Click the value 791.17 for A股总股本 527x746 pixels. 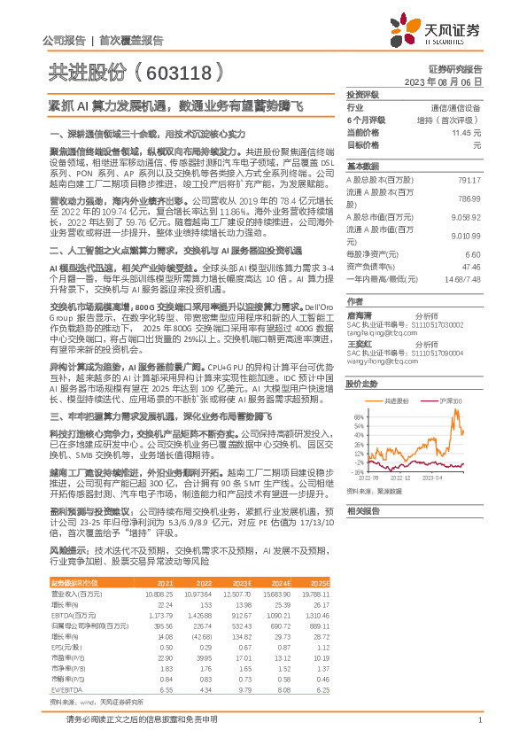[x=469, y=180]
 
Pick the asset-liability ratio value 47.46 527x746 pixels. [x=470, y=266]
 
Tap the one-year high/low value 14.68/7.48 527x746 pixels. [x=462, y=278]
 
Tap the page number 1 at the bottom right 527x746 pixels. [x=478, y=720]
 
